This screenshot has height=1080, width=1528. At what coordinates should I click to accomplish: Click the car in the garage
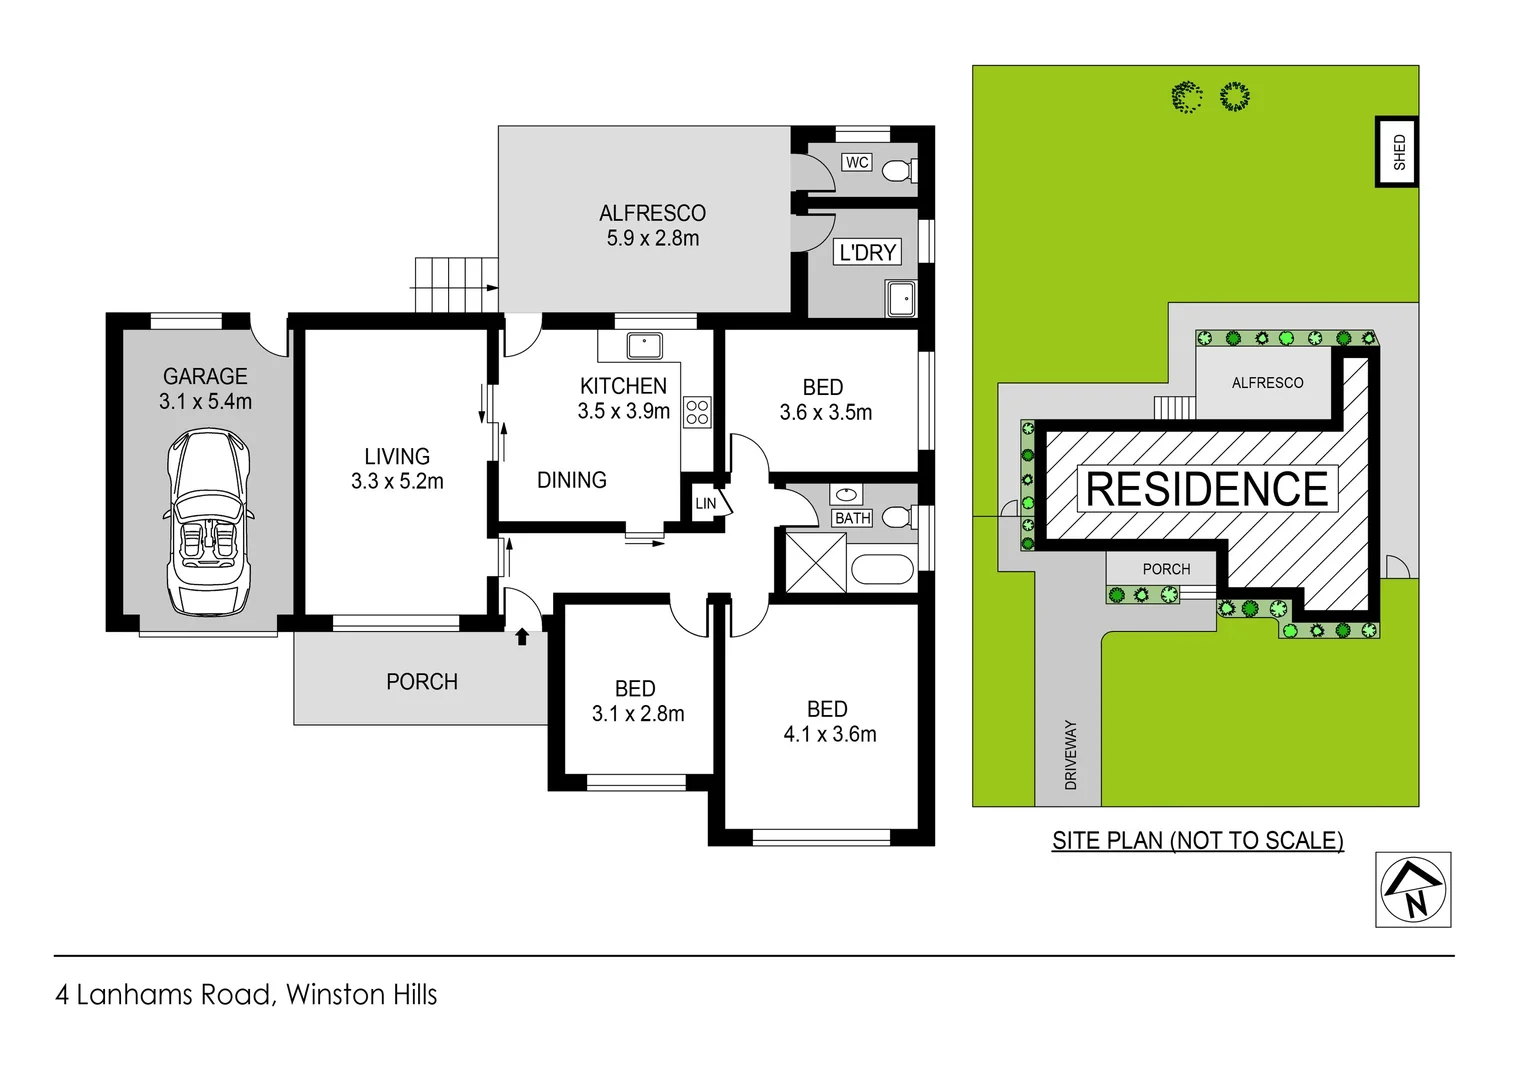(209, 521)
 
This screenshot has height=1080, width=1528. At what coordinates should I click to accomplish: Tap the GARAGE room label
(205, 377)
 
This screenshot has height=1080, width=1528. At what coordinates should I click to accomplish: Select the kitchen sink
(644, 346)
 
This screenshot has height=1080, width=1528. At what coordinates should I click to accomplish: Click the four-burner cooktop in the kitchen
(697, 412)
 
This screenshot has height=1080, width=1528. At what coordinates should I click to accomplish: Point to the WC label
(857, 162)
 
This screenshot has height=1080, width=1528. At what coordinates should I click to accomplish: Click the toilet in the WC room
(899, 170)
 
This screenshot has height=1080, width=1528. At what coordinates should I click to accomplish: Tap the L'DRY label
(867, 252)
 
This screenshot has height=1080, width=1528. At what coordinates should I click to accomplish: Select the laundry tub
(900, 298)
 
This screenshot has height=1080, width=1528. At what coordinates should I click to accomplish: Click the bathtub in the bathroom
(882, 570)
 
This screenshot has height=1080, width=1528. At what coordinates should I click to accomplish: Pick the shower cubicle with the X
(815, 563)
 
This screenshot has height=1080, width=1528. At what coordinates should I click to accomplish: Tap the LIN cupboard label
(706, 503)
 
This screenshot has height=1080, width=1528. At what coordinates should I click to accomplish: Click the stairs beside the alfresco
(456, 284)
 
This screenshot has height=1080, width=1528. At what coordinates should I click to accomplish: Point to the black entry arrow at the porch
(521, 636)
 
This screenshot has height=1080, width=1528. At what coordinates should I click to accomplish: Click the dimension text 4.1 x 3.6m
(829, 734)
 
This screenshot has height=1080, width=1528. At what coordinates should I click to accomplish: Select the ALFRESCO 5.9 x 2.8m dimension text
(652, 238)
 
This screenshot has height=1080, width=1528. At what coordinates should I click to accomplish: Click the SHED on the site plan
(1398, 152)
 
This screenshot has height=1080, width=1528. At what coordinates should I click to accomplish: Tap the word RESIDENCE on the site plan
(1206, 489)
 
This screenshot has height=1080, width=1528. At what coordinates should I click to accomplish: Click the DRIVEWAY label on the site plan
(1070, 754)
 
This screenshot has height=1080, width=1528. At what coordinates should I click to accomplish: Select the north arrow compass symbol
(1412, 889)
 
